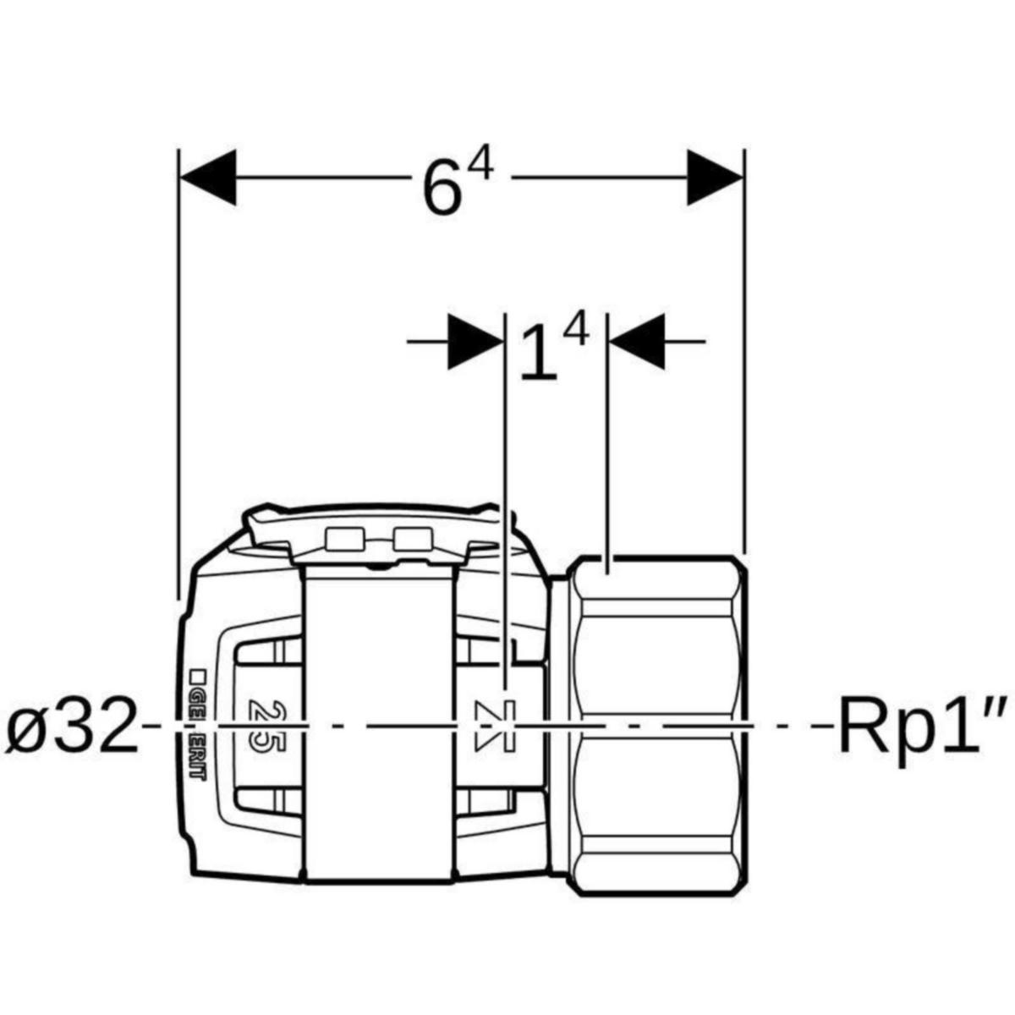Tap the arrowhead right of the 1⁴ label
(636, 342)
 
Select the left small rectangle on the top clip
(344, 539)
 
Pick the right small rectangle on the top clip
(412, 539)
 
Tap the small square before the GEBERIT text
(197, 675)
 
